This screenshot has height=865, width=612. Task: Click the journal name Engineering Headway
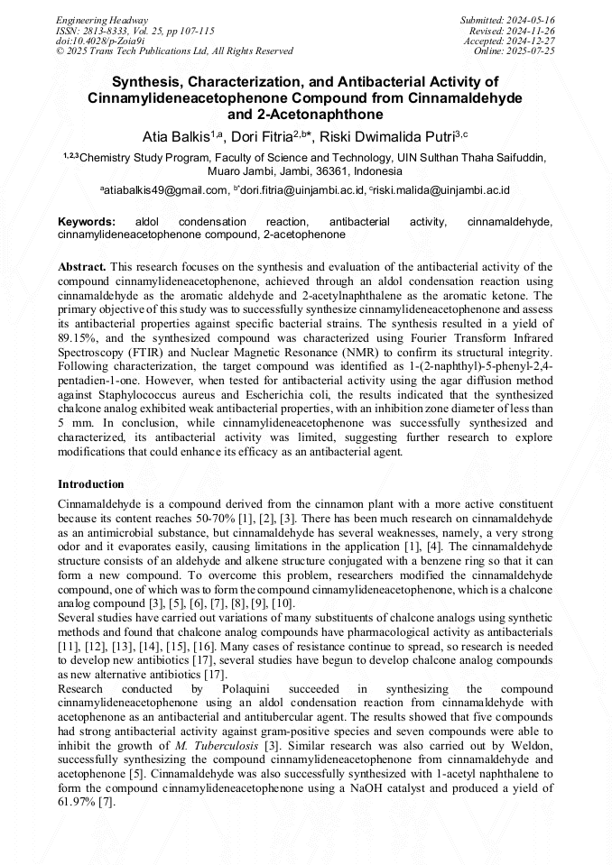point(102,20)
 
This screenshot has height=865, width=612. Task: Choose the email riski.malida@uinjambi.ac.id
point(445,190)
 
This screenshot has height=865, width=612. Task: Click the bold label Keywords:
point(87,221)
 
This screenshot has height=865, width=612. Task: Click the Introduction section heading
point(91,484)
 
